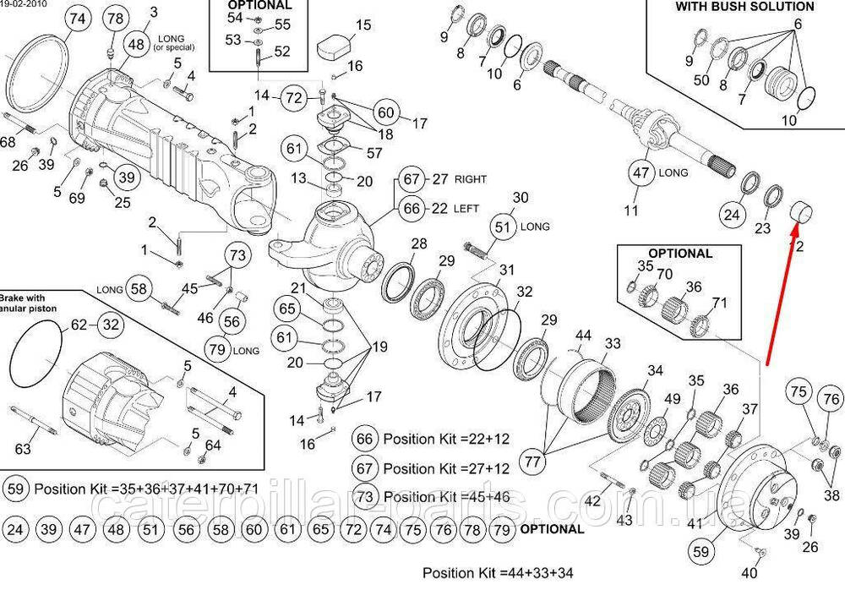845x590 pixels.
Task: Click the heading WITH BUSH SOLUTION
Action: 744,6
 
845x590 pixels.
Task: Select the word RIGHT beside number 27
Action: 471,179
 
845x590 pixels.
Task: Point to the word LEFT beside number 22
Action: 466,208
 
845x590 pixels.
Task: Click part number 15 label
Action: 363,25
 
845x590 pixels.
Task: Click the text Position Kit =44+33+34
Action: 498,573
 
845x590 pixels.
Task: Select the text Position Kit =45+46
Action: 446,496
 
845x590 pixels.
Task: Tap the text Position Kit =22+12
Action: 446,440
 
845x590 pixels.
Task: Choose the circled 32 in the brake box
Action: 111,324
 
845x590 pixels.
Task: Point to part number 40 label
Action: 750,574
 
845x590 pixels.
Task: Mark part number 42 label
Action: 592,501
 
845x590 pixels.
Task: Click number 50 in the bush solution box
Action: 702,79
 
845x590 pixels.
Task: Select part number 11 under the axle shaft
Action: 631,210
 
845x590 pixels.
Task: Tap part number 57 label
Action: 374,152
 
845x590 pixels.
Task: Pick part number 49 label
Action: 672,399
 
